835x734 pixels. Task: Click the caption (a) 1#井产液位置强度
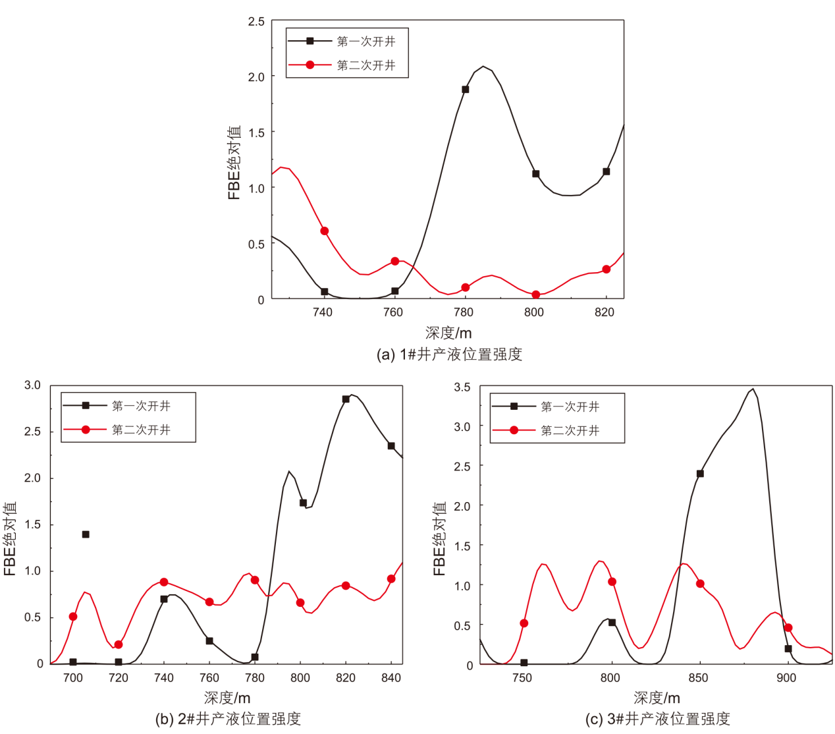point(448,354)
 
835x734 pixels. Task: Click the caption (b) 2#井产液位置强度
point(228,719)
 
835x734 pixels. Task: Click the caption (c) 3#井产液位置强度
point(657,719)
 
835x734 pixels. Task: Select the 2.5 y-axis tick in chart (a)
point(256,22)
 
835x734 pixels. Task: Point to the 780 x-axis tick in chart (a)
point(464,312)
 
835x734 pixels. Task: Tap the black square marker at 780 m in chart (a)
point(466,90)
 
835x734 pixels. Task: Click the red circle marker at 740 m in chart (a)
point(324,231)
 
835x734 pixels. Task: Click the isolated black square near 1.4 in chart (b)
point(86,534)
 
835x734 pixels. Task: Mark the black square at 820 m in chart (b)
point(346,399)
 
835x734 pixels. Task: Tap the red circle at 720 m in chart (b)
point(119,644)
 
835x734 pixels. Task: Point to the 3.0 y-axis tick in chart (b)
point(32,385)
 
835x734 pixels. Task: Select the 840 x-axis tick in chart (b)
point(391,678)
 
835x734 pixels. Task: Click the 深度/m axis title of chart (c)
point(657,698)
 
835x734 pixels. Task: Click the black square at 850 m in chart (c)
point(700,474)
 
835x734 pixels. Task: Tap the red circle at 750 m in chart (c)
point(524,623)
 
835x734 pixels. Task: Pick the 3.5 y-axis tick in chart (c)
point(462,387)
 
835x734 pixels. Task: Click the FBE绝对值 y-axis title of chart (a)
point(234,162)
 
